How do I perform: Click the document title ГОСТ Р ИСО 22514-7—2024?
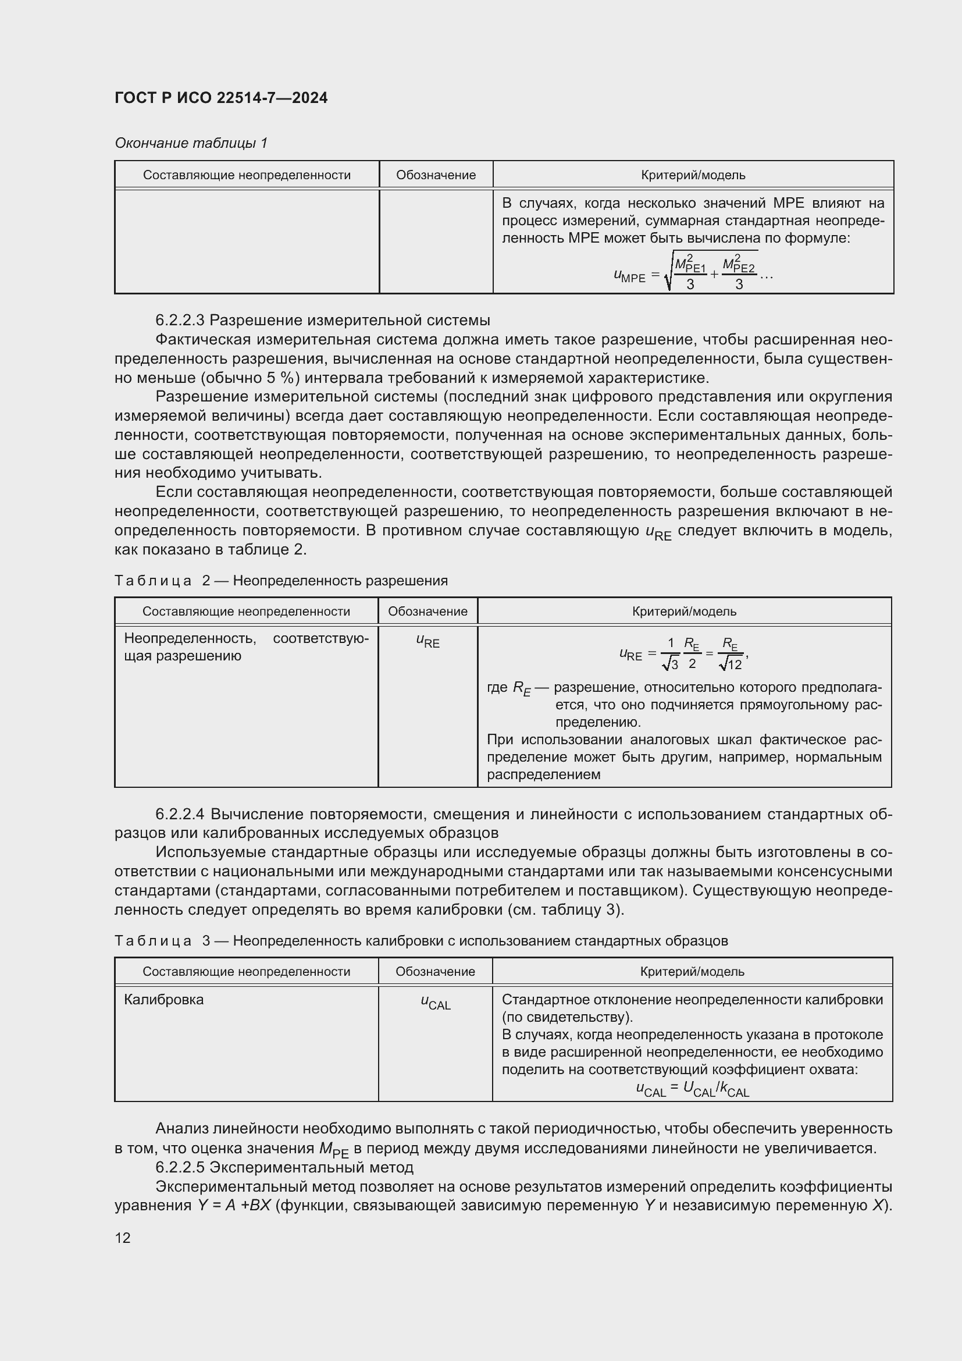[220, 98]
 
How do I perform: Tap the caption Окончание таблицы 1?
[191, 143]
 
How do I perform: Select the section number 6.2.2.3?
[180, 321]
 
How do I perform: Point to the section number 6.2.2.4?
[180, 814]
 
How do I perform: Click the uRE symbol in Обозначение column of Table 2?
[427, 641]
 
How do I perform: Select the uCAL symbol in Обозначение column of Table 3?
[436, 1001]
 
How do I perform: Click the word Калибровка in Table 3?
[163, 1000]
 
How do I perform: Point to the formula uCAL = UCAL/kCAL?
[692, 1089]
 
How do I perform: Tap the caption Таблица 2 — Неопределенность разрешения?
[281, 580]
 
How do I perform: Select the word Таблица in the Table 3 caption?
[153, 941]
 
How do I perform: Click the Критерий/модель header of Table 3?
[692, 972]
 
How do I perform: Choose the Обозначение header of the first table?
[436, 175]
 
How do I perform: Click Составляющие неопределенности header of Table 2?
[246, 611]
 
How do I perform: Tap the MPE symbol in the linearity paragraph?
[333, 1149]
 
